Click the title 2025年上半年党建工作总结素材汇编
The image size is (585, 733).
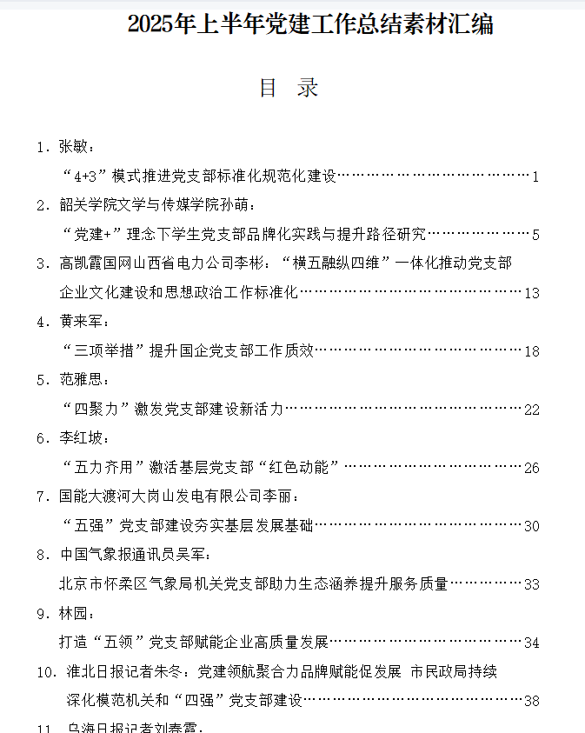pyautogui.click(x=310, y=24)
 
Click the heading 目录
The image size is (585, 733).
pyautogui.click(x=289, y=88)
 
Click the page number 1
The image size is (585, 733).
pyautogui.click(x=536, y=177)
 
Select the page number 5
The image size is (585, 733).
pyautogui.click(x=536, y=234)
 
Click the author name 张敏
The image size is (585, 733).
pyautogui.click(x=74, y=146)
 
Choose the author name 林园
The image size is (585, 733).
pyautogui.click(x=74, y=614)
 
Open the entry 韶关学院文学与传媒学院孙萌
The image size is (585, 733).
pyautogui.click(x=153, y=205)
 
